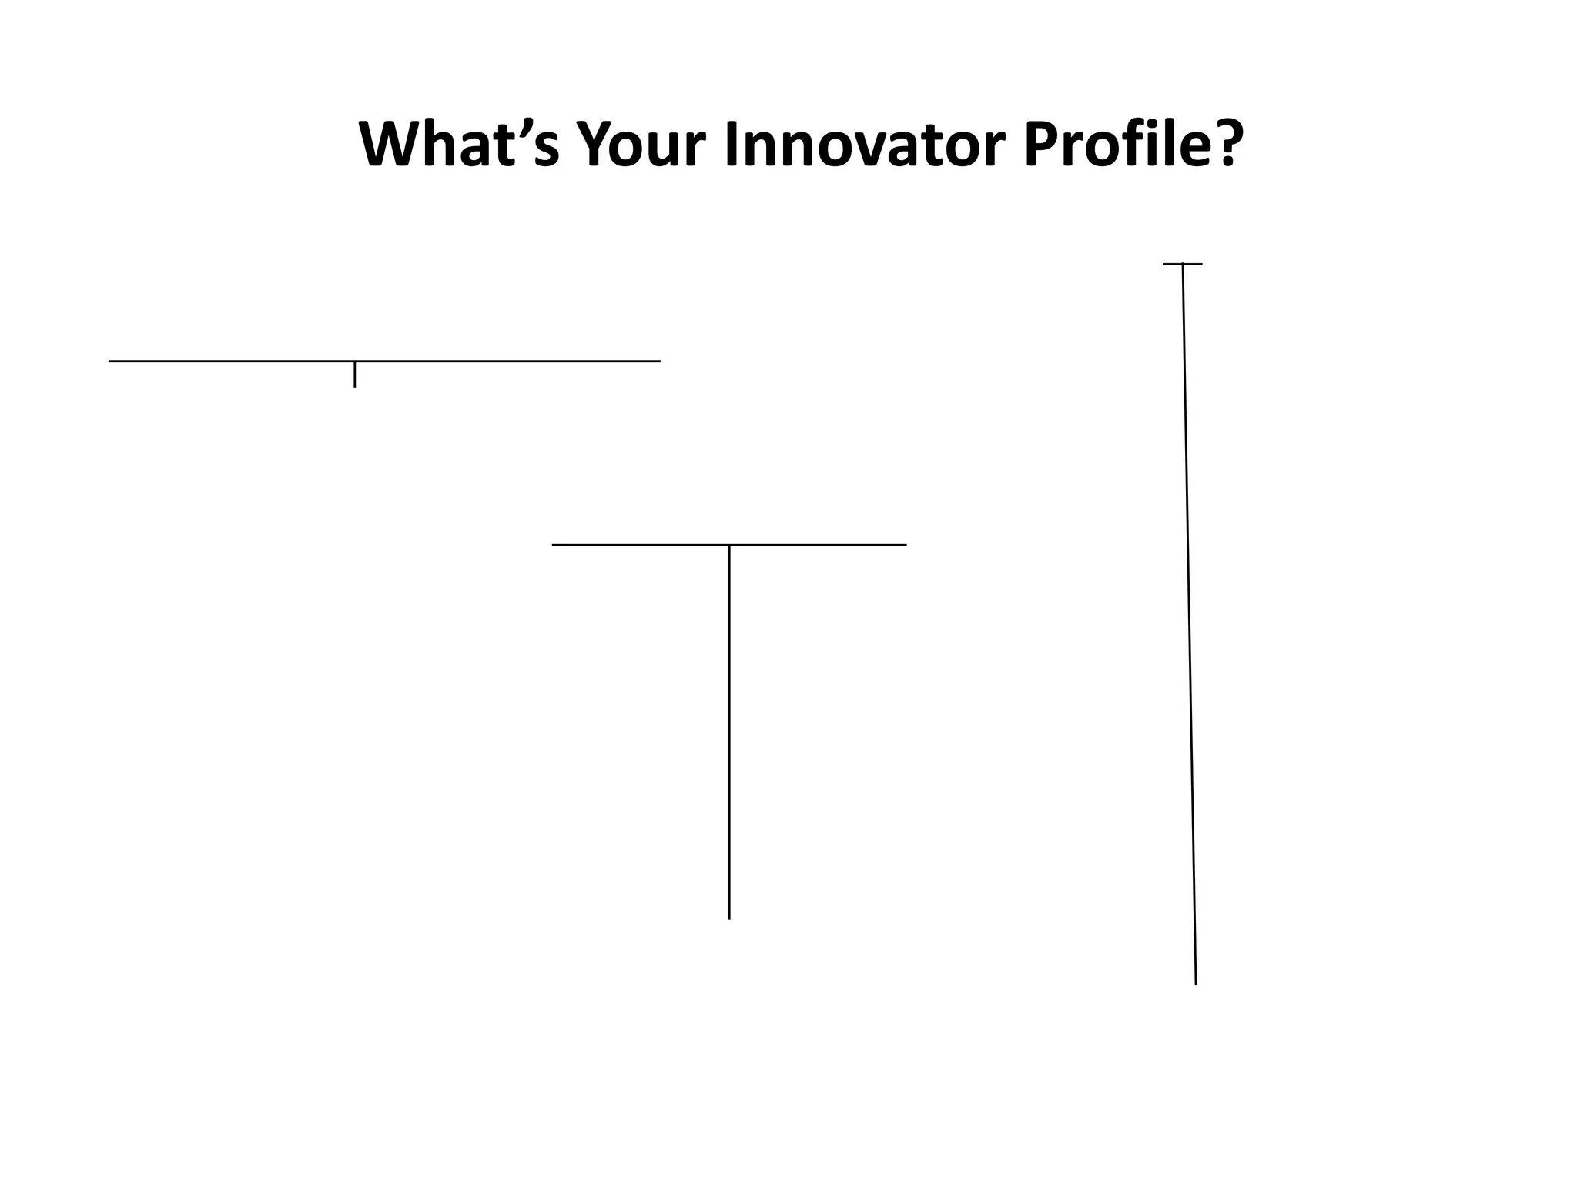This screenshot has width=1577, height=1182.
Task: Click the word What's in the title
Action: (459, 144)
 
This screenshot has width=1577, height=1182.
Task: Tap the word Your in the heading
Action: (640, 144)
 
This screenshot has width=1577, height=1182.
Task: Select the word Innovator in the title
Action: (863, 144)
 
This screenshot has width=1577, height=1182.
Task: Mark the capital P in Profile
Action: (1042, 144)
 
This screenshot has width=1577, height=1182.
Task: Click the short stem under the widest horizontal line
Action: (354, 375)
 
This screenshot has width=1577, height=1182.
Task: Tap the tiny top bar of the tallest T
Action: (1183, 264)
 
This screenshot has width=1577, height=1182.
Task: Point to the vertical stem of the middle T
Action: (729, 731)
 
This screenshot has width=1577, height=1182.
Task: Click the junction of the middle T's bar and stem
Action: (729, 545)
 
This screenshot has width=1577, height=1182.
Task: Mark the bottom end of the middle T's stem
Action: (729, 917)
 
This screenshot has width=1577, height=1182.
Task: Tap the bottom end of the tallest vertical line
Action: (1195, 983)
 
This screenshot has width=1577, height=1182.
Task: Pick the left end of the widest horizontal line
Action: (110, 361)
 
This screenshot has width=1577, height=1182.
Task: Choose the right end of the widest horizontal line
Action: (659, 361)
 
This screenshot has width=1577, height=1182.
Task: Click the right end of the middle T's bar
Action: (905, 545)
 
